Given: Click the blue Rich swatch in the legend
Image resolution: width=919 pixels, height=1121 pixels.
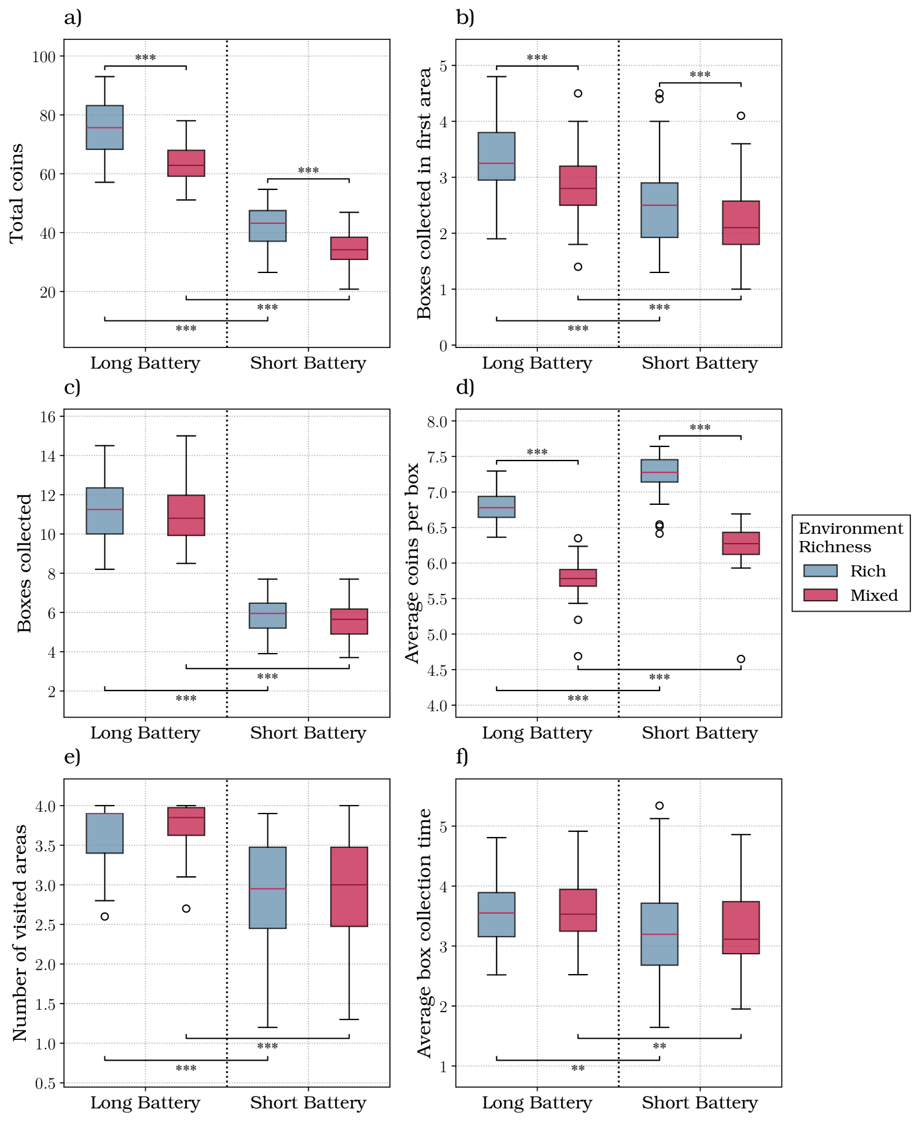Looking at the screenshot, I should (x=820, y=571).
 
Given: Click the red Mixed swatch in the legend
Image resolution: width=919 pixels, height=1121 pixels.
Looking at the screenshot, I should (x=820, y=595).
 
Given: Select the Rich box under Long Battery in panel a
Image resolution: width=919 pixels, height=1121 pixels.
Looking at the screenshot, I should (x=105, y=127).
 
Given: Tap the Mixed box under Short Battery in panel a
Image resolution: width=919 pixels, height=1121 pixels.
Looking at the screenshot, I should (x=349, y=248).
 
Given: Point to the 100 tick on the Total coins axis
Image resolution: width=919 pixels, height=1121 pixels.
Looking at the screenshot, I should (x=44, y=57).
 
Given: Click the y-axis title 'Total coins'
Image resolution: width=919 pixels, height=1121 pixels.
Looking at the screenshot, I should (x=17, y=193).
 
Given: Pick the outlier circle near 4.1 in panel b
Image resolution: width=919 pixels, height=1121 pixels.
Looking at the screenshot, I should (x=741, y=116).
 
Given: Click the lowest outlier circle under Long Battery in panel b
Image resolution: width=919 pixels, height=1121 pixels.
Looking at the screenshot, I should (x=578, y=267).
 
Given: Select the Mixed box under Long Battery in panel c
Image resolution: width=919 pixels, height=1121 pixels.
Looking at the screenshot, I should (x=186, y=515).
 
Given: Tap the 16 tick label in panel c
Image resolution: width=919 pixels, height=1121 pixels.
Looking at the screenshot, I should (x=47, y=417).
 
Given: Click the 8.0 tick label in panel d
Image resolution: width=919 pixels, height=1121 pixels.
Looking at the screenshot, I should (x=437, y=421).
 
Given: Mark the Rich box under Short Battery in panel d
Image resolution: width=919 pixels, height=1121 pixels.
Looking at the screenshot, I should (x=659, y=470).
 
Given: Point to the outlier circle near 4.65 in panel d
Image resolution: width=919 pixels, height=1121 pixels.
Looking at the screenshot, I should (x=741, y=659).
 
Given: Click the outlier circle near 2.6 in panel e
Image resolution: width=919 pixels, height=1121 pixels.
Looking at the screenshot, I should (x=105, y=916).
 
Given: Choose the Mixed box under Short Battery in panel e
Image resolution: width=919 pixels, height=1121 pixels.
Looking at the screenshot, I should (x=349, y=886).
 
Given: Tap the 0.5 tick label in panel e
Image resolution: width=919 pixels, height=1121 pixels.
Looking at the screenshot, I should (x=45, y=1083).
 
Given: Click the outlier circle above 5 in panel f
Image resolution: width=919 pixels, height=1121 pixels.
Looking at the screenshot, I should (x=659, y=806).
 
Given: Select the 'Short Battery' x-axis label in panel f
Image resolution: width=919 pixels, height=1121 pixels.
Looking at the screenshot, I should (x=700, y=1103).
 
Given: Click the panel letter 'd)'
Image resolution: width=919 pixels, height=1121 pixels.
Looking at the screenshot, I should (x=465, y=387).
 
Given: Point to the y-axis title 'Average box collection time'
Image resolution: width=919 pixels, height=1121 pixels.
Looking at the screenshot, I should (x=425, y=932).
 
